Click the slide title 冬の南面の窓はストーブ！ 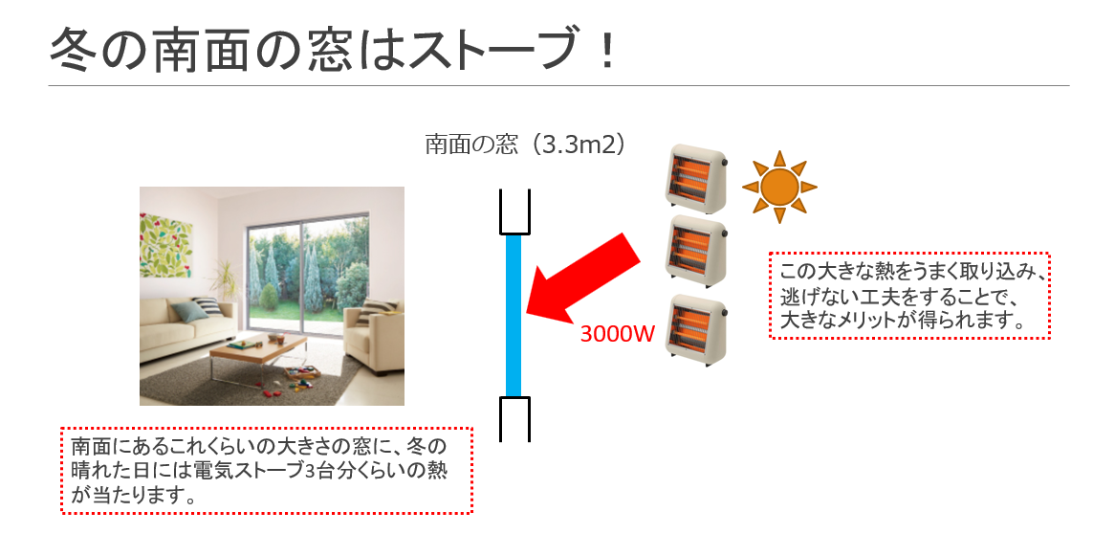pos(333,49)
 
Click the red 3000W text pos(618,334)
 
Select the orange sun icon pos(778,187)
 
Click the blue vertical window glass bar pos(514,316)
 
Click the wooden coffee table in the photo pos(258,350)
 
